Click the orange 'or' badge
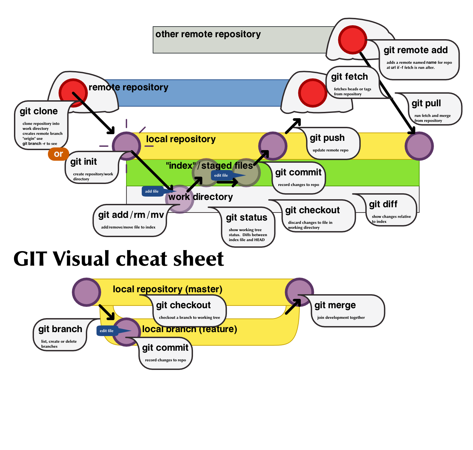[58, 154]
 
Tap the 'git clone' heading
[39, 111]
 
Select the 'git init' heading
[83, 162]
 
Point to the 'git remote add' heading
[415, 50]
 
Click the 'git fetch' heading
[349, 77]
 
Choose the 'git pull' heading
[426, 103]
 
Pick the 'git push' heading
[327, 138]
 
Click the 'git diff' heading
[383, 204]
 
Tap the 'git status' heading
[246, 218]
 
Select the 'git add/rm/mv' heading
[131, 215]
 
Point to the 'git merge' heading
[335, 305]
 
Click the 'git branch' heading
[60, 329]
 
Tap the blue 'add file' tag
[152, 191]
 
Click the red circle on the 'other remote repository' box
[352, 40]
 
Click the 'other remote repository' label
[208, 34]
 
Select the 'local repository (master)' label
[167, 289]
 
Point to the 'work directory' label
[201, 197]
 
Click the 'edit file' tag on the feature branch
[107, 331]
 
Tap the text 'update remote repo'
[330, 150]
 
